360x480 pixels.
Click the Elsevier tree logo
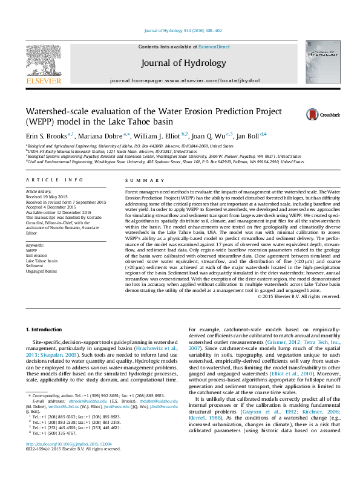(43, 62)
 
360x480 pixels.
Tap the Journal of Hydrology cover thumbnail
(324, 61)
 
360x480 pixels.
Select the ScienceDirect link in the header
(214, 47)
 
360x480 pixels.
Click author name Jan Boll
(246, 136)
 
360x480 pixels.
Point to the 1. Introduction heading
(46, 329)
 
